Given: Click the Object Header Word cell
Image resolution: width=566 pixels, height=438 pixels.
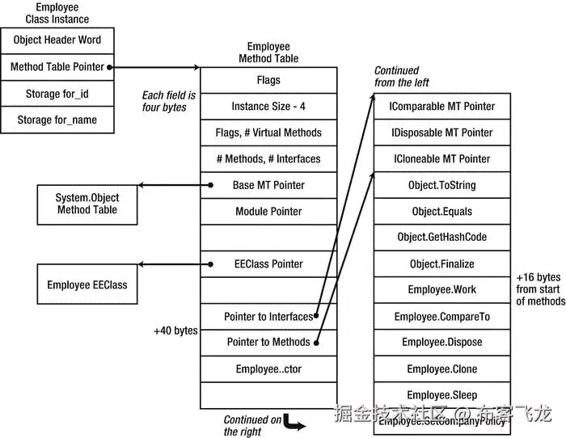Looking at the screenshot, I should (57, 40).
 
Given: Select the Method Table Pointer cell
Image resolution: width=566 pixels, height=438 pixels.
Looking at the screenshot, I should (57, 67).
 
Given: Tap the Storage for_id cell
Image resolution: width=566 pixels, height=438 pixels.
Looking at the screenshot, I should (57, 94).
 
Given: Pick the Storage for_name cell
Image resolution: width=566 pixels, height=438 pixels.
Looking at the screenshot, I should (57, 120).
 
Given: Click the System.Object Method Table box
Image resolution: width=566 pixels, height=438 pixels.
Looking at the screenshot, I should (87, 204).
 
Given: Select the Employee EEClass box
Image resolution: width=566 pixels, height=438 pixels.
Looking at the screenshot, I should (87, 284).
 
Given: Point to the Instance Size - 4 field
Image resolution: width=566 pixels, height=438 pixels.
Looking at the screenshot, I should (268, 107).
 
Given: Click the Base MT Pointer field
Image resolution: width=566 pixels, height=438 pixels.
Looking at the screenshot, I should (268, 185).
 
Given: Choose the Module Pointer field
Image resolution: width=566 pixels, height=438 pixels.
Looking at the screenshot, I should (268, 212).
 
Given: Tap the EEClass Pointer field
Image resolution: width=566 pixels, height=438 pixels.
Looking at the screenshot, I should (268, 264).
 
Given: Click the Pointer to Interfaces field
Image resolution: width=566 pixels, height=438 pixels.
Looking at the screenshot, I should (268, 317).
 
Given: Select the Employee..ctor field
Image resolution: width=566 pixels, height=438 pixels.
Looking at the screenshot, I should (268, 369).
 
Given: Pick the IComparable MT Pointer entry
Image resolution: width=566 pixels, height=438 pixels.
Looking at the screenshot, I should (441, 107).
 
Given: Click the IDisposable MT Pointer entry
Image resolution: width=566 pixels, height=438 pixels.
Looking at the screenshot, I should (441, 133).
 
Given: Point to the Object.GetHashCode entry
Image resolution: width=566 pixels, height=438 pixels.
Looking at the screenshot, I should (441, 238).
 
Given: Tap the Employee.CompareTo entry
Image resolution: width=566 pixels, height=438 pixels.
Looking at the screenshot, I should (441, 317).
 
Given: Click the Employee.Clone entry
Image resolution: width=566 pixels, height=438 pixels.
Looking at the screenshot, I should (441, 369).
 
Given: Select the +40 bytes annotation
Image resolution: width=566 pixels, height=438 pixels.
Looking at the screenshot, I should (175, 331).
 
